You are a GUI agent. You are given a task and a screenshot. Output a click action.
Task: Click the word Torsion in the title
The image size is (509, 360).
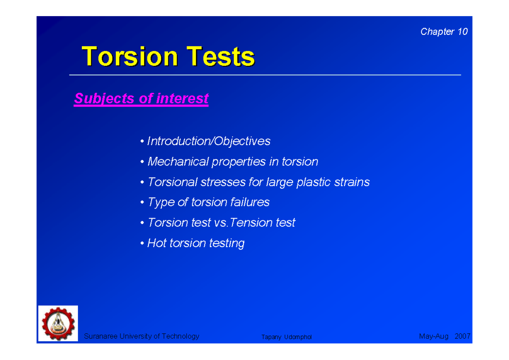[x=130, y=56]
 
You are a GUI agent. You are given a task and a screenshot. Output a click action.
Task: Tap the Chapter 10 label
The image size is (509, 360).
[x=444, y=32]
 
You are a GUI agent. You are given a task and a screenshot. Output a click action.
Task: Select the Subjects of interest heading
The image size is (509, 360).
[x=141, y=98]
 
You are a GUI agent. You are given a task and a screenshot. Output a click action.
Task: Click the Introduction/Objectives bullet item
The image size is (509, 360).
[x=208, y=141]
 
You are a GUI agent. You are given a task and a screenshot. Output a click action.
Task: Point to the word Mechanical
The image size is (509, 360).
[x=178, y=162]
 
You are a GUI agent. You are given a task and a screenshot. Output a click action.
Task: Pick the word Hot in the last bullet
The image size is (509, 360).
[x=157, y=243]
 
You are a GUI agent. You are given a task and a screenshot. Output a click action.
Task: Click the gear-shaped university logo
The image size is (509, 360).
[x=58, y=323]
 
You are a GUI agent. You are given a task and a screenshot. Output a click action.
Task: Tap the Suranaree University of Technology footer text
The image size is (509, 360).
[x=141, y=336]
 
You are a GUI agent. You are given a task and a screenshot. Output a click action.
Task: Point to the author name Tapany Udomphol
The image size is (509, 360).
[x=286, y=337]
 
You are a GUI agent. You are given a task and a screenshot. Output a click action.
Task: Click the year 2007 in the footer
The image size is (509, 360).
[x=462, y=336]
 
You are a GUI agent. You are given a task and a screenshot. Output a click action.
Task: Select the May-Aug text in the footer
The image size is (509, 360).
[x=433, y=336]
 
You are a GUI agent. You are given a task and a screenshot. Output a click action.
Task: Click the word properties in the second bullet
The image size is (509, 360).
[x=238, y=162]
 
